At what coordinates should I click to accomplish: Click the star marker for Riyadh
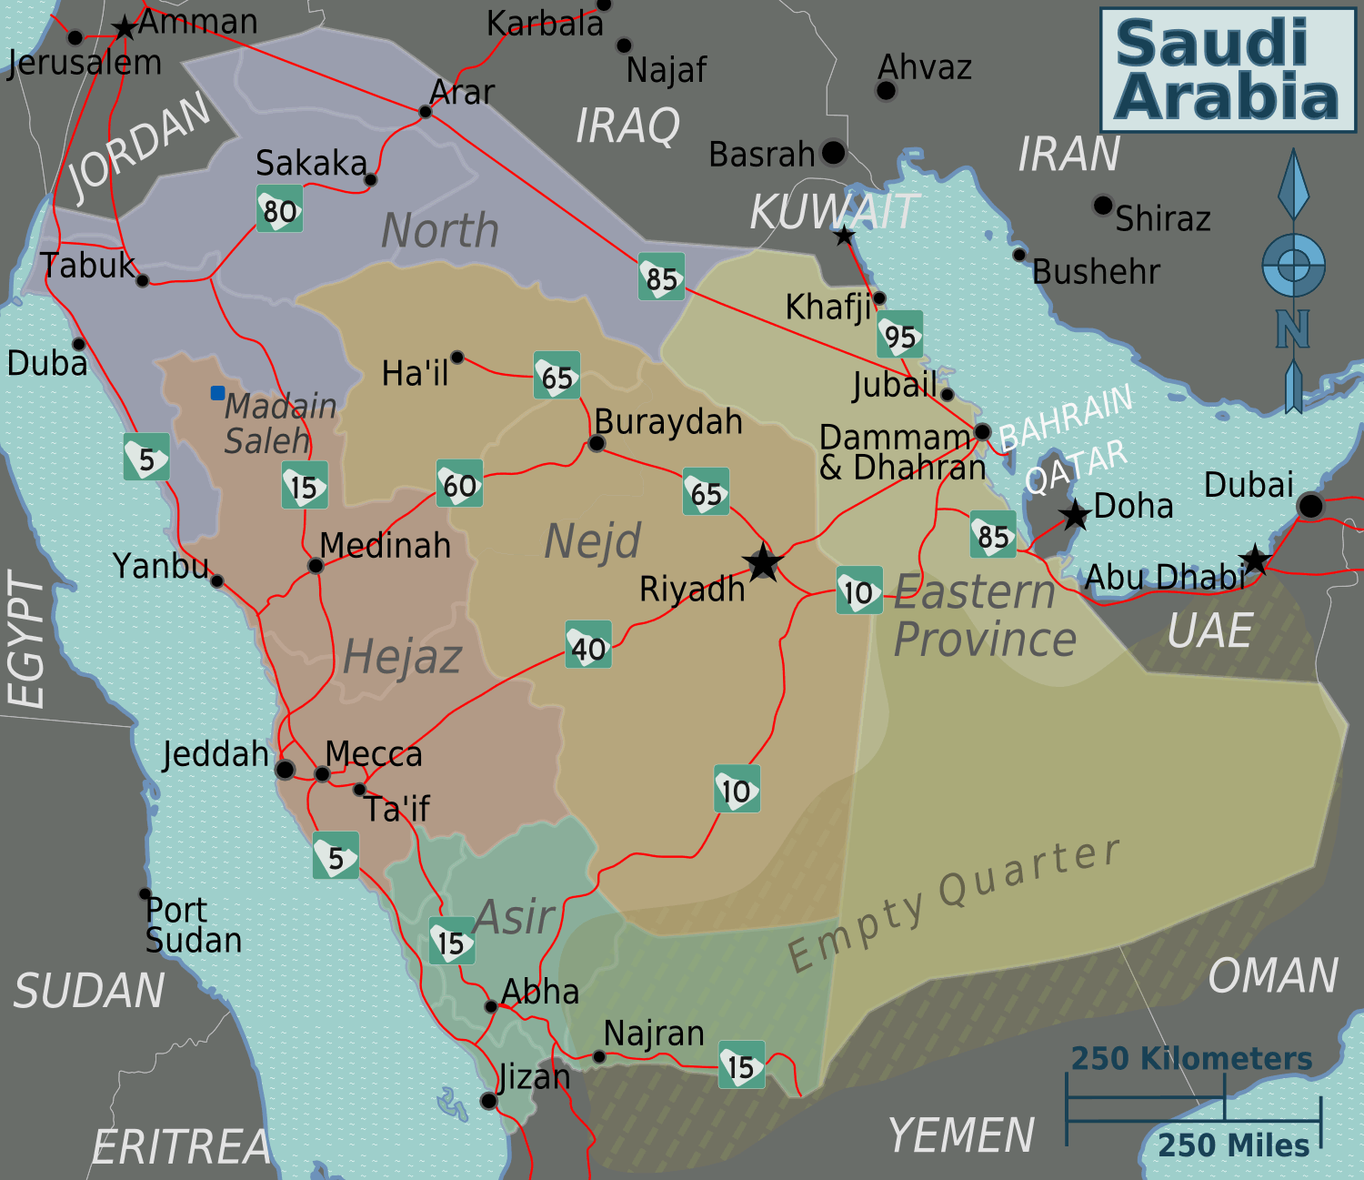click(762, 563)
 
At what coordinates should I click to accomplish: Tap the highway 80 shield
click(279, 209)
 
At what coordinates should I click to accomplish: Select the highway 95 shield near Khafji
click(900, 336)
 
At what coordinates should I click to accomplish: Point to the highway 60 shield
click(459, 484)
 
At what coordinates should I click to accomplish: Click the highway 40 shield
click(588, 646)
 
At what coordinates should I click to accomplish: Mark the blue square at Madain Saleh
click(218, 393)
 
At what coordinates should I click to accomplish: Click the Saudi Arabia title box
click(1228, 70)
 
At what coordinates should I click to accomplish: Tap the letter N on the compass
click(1292, 329)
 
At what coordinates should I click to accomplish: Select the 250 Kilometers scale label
click(1191, 1059)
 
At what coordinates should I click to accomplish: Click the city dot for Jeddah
click(285, 771)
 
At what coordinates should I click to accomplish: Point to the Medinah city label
click(386, 546)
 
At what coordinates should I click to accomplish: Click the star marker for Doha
click(1076, 515)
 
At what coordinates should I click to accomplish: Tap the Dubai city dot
click(1310, 506)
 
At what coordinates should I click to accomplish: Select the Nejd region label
click(593, 541)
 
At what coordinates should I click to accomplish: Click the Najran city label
click(654, 1034)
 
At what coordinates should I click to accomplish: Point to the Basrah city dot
click(833, 153)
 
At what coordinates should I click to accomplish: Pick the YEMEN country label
click(961, 1135)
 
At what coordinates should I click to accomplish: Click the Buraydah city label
click(668, 422)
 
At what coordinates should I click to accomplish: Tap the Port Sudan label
click(193, 925)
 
